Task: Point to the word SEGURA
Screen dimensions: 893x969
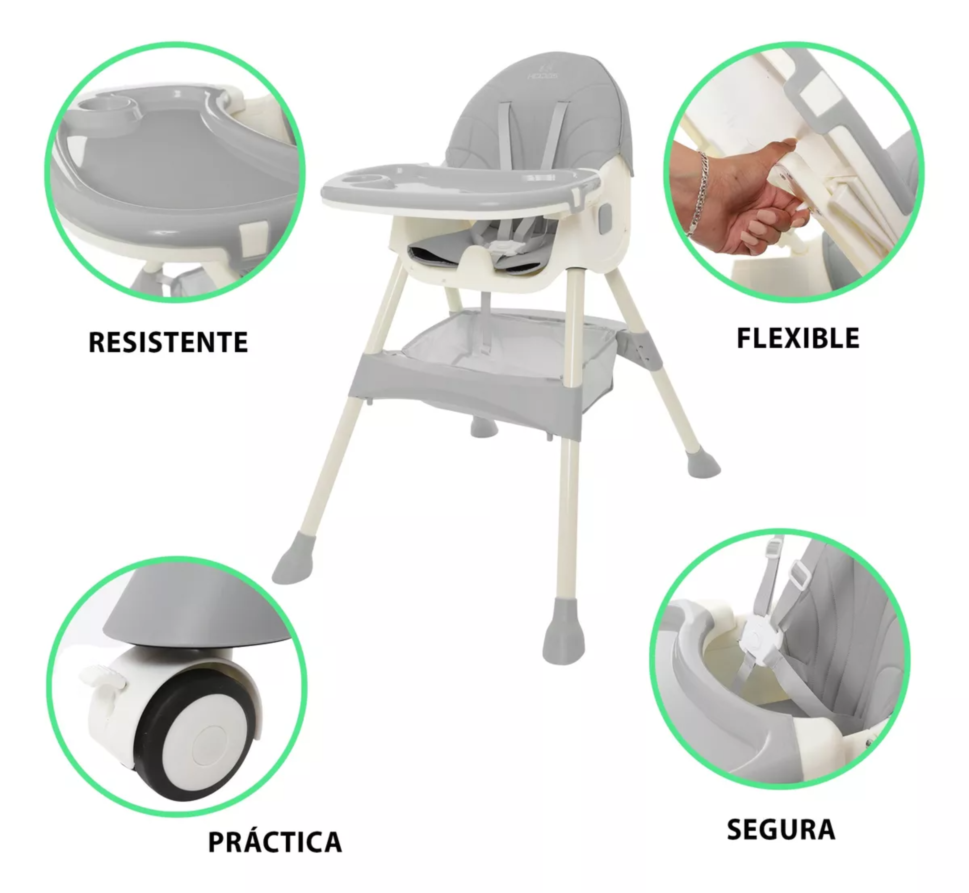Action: coord(781,829)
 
